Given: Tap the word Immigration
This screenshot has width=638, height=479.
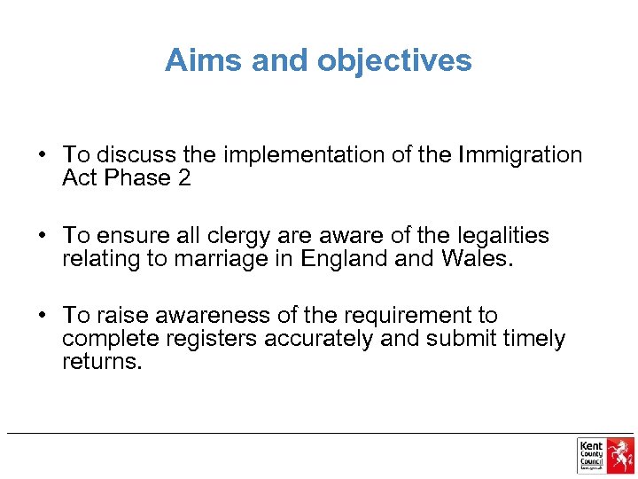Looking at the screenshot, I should coord(520,155).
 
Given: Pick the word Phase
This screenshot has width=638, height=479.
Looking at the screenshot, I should coord(139,177).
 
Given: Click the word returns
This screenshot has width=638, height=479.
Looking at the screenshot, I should coord(101,362).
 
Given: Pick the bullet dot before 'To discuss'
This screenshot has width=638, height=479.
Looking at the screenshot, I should coord(42,156).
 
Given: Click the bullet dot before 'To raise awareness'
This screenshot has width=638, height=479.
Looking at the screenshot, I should coord(42,317).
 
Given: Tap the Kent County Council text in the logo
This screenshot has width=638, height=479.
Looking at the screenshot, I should coord(590,453).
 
